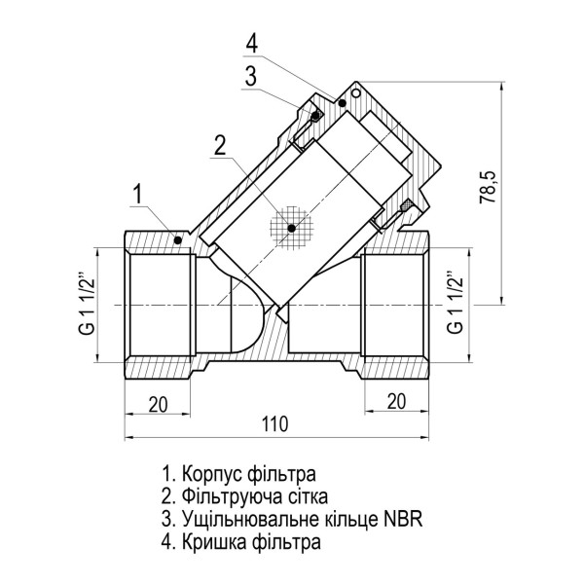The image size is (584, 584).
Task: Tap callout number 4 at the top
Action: coord(252,44)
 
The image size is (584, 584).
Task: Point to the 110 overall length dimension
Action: coord(279,424)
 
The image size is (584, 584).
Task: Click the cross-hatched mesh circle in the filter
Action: coord(290,227)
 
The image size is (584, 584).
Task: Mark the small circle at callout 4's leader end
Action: coord(355,94)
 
